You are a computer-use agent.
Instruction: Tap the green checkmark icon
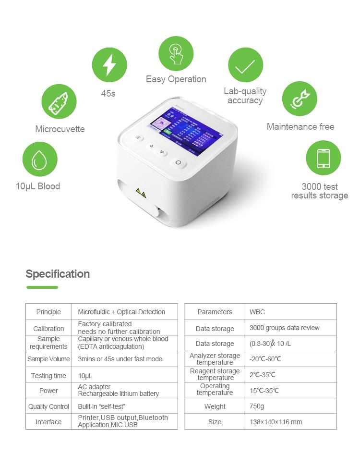click(x=245, y=65)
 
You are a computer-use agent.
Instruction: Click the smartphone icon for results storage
click(x=323, y=159)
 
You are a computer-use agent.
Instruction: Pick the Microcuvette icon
click(x=60, y=101)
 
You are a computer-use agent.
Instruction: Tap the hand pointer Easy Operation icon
click(x=176, y=53)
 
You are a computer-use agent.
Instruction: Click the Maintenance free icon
click(x=299, y=99)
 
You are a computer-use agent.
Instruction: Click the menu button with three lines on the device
click(x=138, y=138)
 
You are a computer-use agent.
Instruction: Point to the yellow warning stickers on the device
click(x=141, y=192)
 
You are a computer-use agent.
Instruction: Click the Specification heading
click(x=58, y=274)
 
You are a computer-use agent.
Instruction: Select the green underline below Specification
click(x=42, y=287)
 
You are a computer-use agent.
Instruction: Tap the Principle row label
click(x=48, y=312)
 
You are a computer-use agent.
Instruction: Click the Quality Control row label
click(x=48, y=406)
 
